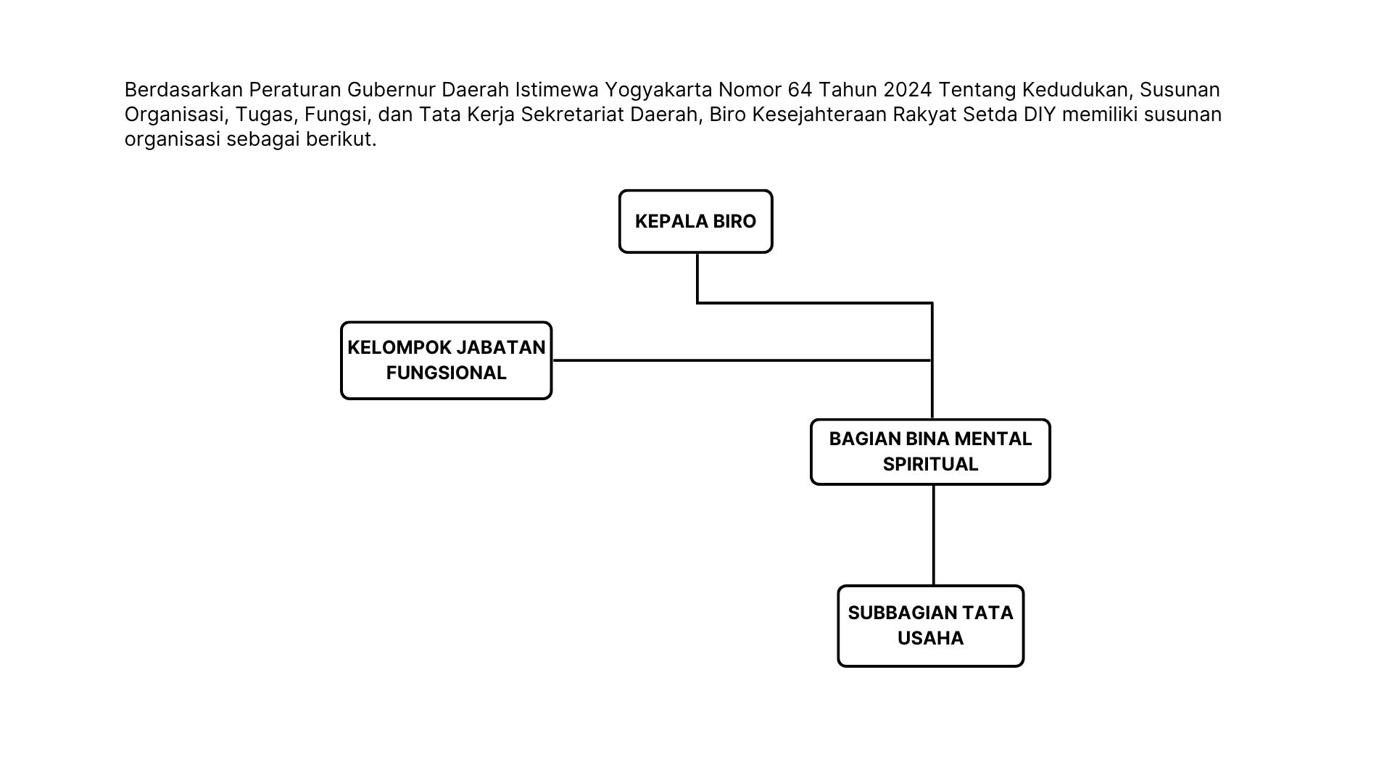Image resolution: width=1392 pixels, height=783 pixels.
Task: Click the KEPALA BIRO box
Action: click(x=695, y=221)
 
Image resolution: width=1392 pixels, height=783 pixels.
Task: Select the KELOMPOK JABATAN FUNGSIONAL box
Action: click(x=446, y=360)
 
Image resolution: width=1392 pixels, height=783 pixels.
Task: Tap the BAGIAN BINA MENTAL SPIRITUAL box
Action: click(x=930, y=452)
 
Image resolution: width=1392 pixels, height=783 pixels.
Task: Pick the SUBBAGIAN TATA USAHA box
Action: click(x=930, y=626)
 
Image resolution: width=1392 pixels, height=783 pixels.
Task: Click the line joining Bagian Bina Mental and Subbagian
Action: click(x=933, y=535)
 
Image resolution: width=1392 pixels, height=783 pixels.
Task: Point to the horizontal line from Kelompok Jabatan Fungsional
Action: click(x=742, y=360)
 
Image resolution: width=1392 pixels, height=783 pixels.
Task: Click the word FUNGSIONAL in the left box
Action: click(x=446, y=373)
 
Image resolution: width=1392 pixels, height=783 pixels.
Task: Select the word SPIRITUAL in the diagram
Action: click(x=930, y=464)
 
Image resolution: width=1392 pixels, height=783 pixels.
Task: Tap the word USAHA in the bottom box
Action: click(x=930, y=638)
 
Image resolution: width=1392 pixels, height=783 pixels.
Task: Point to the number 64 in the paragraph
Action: click(x=800, y=89)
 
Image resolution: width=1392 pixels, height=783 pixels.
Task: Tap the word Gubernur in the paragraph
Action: click(x=391, y=89)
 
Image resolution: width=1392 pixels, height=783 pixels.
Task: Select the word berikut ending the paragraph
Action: click(x=341, y=138)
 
